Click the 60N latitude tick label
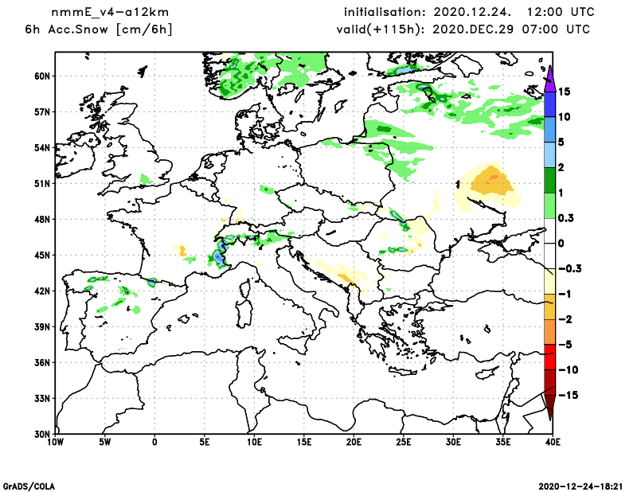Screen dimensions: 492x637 [41, 76]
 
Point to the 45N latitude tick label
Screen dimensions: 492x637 [41, 255]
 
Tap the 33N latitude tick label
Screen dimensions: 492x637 [41, 398]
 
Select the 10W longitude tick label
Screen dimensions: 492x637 [55, 441]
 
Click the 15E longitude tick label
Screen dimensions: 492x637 [304, 441]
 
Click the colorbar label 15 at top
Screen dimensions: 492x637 [565, 92]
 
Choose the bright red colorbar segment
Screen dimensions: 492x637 [549, 357]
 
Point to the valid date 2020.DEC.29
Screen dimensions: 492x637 [478, 29]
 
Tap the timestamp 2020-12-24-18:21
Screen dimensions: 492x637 [584, 485]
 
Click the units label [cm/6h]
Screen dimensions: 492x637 [144, 29]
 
